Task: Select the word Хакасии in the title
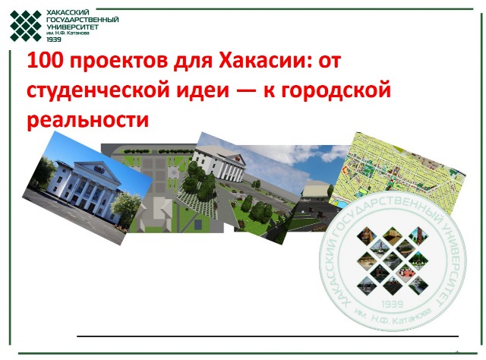(x=261, y=60)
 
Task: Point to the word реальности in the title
(x=88, y=120)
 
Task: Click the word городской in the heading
(x=336, y=90)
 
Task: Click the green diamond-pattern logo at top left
(x=25, y=26)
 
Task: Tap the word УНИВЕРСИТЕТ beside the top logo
(x=73, y=27)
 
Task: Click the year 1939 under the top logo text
(x=54, y=39)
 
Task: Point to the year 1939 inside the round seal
(x=393, y=304)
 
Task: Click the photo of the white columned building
(x=87, y=188)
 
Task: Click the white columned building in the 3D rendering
(x=219, y=166)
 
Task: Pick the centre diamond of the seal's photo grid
(x=393, y=258)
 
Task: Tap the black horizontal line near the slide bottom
(x=267, y=336)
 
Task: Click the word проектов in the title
(x=119, y=62)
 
